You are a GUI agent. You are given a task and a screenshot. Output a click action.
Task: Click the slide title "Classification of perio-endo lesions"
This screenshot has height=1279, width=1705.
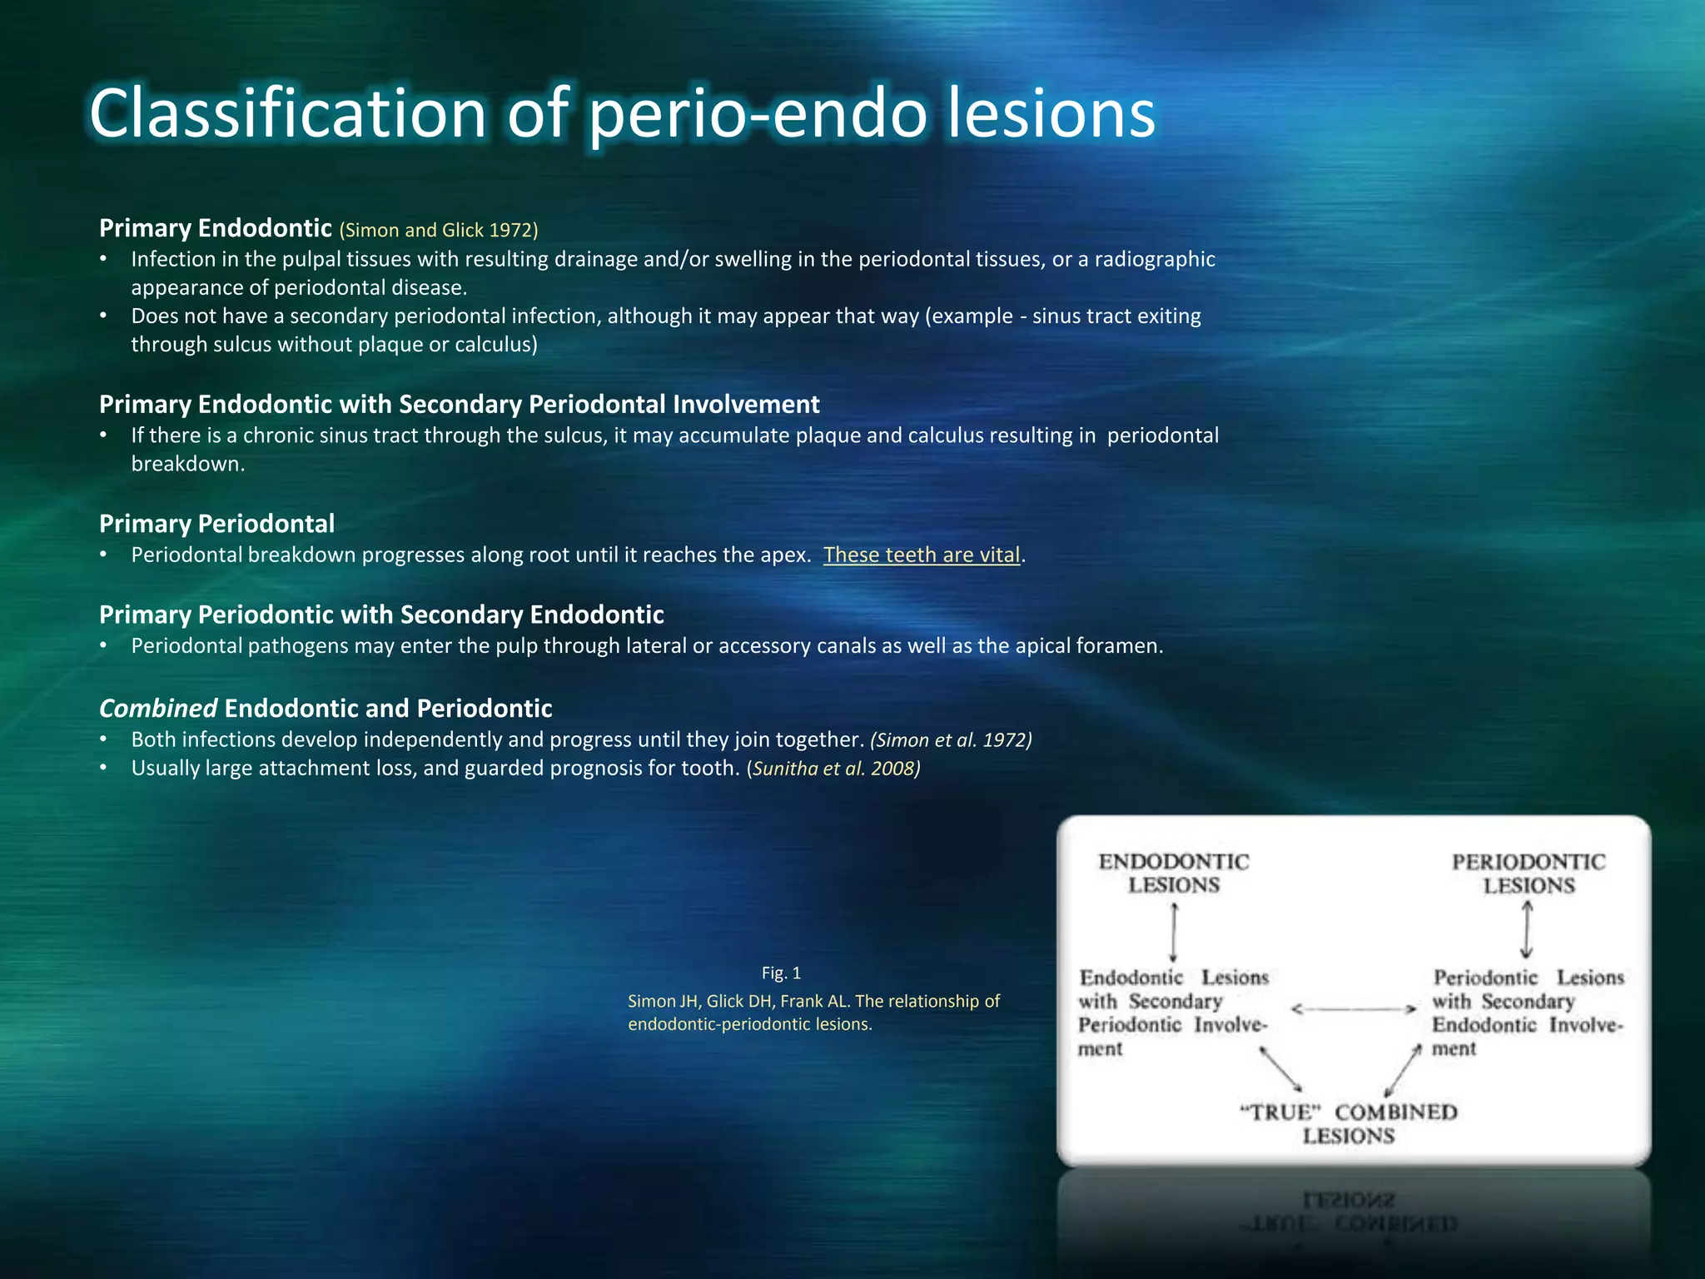click(622, 114)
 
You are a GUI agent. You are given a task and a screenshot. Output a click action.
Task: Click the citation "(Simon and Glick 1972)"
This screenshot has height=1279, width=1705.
click(439, 231)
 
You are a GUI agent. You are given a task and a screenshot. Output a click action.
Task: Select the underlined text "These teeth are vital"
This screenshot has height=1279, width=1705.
click(922, 555)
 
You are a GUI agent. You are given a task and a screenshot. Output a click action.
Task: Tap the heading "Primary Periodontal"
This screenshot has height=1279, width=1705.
click(216, 524)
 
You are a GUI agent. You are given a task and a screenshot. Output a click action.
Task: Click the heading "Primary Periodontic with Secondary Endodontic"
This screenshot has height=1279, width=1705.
click(381, 615)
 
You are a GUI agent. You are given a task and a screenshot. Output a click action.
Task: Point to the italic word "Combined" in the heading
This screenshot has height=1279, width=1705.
click(158, 709)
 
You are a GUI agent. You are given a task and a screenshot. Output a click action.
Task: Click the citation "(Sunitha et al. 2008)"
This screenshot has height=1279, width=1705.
click(833, 769)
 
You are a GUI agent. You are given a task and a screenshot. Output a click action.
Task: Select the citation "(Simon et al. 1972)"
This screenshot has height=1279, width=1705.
click(951, 740)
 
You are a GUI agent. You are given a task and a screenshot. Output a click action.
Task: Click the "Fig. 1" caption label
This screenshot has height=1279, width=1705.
click(781, 973)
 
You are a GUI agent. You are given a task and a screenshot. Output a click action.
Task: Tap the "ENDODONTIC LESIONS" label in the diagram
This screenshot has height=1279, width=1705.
click(1174, 873)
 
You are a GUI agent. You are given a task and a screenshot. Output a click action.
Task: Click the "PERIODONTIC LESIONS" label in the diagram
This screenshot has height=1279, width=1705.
click(1529, 873)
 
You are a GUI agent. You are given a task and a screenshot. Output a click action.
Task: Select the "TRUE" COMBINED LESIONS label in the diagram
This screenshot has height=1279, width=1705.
click(1349, 1124)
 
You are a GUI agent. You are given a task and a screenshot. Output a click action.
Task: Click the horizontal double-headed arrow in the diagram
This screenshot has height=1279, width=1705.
click(1354, 1009)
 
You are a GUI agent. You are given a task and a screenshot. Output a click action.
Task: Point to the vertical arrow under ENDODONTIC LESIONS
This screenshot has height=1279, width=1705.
click(1174, 933)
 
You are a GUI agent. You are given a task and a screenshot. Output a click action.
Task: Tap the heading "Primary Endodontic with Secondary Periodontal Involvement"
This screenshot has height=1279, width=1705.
click(459, 405)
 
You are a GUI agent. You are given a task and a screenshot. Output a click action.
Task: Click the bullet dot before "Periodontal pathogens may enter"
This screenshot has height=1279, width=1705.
click(103, 646)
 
